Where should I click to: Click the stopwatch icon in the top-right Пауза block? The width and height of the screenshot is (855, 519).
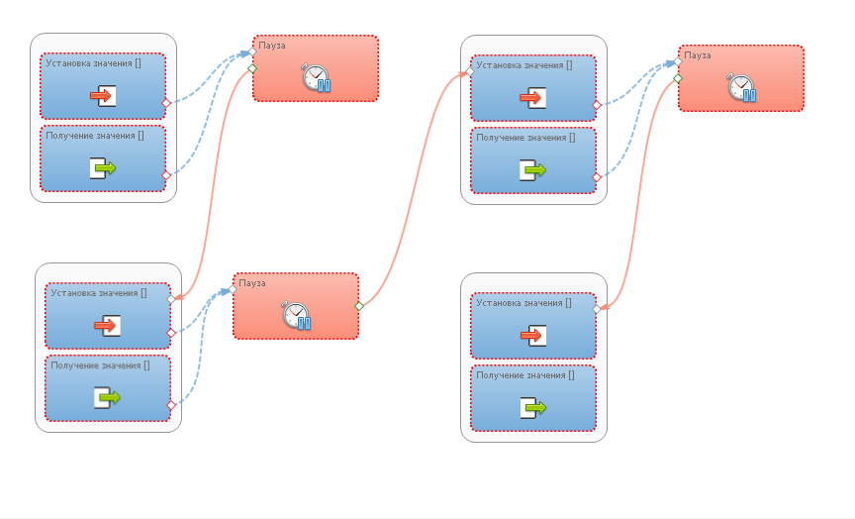[742, 87]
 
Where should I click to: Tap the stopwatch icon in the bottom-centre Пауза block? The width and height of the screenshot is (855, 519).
[297, 315]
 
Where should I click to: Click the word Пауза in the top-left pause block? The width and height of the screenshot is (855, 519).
[272, 46]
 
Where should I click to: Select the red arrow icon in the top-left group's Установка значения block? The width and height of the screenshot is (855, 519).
[104, 96]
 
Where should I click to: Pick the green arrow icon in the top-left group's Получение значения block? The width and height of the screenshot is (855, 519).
[104, 168]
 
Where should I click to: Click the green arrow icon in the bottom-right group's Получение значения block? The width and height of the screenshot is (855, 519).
[533, 407]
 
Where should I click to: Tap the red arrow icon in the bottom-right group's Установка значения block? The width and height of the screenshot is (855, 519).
[533, 336]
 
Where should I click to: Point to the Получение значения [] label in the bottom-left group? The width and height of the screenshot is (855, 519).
[100, 365]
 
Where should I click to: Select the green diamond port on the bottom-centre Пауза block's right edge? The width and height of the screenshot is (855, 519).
[359, 306]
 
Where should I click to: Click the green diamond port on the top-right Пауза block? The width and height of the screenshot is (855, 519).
[678, 78]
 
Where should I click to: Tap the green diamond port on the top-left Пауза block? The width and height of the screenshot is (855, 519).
[252, 68]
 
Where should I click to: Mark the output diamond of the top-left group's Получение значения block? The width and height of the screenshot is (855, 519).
[166, 174]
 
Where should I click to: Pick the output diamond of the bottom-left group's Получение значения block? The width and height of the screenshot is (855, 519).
[171, 404]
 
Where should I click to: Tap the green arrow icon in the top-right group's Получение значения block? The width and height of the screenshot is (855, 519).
[533, 170]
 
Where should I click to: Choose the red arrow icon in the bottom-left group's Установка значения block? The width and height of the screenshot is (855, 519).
[106, 325]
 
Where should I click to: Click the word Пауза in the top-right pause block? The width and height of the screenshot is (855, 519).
[698, 55]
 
